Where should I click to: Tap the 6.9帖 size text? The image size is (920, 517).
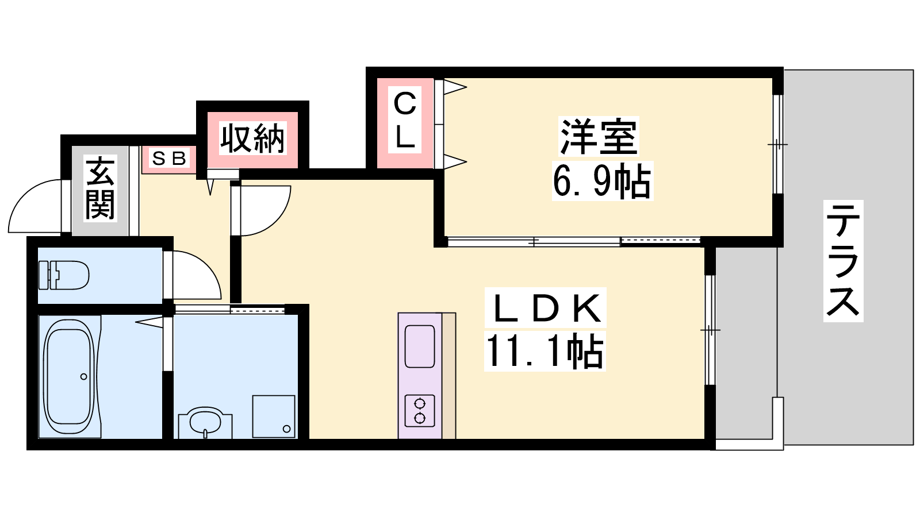click(602, 181)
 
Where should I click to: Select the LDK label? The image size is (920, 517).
click(545, 308)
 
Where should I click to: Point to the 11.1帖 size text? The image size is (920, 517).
click(545, 351)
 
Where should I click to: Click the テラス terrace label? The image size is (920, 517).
click(843, 261)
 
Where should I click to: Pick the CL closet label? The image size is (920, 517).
click(405, 120)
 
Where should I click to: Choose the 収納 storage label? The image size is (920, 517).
click(252, 138)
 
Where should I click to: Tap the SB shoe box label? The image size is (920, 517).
click(169, 159)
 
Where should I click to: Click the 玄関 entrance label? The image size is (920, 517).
click(100, 188)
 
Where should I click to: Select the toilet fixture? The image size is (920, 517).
click(64, 275)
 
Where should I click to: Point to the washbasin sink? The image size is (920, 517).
click(205, 423)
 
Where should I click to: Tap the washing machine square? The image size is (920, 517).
click(274, 416)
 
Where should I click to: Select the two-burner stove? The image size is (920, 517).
click(419, 411)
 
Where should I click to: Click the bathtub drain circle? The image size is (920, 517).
click(84, 376)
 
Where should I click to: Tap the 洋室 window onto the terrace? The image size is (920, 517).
click(777, 144)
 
